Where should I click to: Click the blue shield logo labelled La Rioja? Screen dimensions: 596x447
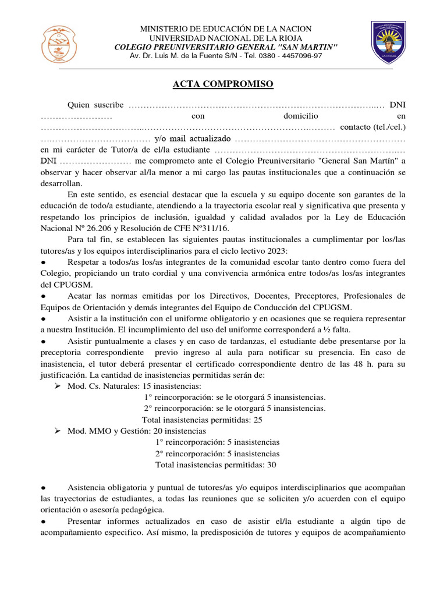pos(388,41)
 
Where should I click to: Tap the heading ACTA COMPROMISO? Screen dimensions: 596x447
pos(223,85)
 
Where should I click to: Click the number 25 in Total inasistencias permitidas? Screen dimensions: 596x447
pos(257,420)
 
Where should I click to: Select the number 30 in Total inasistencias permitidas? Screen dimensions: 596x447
pos(271,465)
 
